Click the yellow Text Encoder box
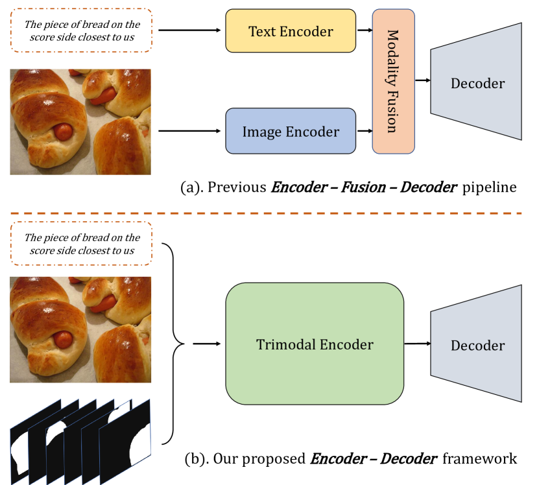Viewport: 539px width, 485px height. click(290, 31)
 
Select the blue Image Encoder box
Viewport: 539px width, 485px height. click(290, 132)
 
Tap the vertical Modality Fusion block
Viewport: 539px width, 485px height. click(393, 81)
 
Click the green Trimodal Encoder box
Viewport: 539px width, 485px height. click(314, 344)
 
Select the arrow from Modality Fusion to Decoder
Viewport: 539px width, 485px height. click(422, 80)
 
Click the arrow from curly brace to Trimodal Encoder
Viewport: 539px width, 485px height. click(205, 344)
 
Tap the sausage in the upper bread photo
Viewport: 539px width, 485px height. click(63, 132)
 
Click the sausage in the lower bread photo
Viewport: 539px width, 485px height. click(63, 339)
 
